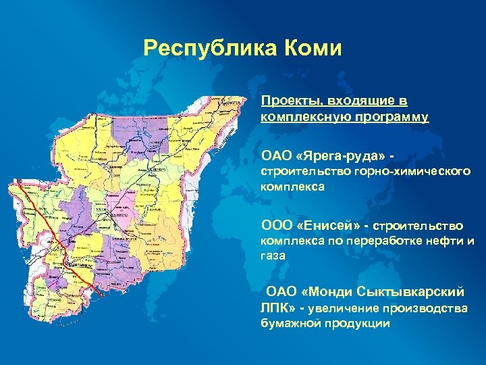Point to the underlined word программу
[x=392, y=116]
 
